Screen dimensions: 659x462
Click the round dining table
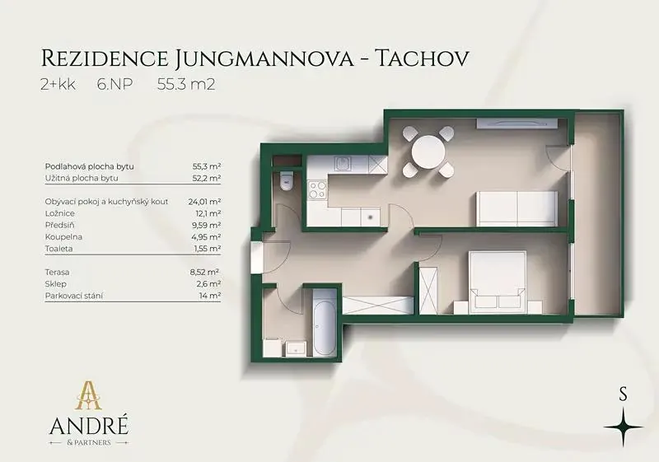428,152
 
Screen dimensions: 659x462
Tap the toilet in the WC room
287,180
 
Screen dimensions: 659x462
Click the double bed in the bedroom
498,282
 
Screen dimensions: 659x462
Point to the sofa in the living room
516,208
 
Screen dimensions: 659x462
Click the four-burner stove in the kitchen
316,189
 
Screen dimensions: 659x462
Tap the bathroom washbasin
296,348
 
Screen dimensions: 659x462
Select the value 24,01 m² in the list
204,202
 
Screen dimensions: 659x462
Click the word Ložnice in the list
59,213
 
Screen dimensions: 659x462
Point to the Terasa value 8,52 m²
205,272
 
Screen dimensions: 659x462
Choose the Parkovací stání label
74,296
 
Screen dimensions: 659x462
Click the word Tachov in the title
421,58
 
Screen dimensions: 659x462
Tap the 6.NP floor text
115,85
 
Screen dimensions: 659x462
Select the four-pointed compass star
624,427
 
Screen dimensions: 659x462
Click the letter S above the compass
623,394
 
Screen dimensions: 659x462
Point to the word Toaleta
58,249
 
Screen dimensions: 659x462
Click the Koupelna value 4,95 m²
205,237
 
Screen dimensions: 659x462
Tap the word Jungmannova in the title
263,58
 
